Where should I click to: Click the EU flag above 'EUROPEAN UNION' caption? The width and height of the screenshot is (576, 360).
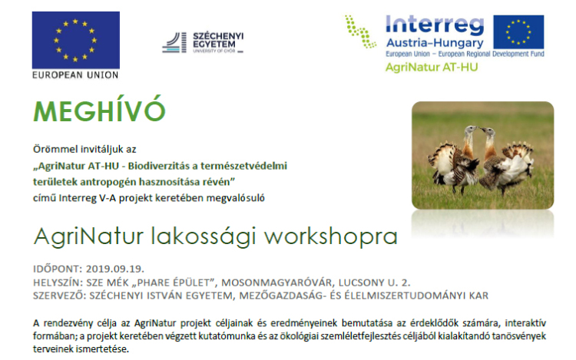pyautogui.click(x=76, y=41)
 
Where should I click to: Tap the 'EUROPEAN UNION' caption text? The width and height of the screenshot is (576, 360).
pyautogui.click(x=75, y=76)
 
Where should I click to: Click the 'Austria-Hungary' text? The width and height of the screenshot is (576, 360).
pyautogui.click(x=434, y=44)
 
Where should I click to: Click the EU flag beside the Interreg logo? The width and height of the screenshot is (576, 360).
pyautogui.click(x=519, y=33)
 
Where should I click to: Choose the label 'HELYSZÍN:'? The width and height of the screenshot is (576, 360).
pyautogui.click(x=58, y=282)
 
